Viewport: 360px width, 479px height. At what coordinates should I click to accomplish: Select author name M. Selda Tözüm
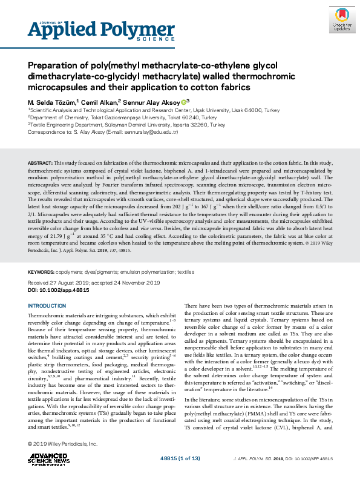(x=51, y=102)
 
